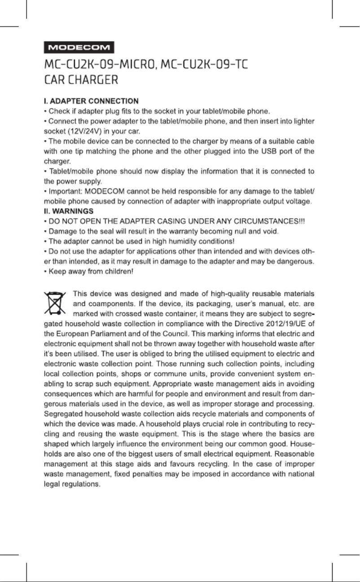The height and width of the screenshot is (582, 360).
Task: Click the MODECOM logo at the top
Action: click(x=79, y=47)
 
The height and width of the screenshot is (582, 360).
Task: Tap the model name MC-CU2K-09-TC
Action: click(x=205, y=65)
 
